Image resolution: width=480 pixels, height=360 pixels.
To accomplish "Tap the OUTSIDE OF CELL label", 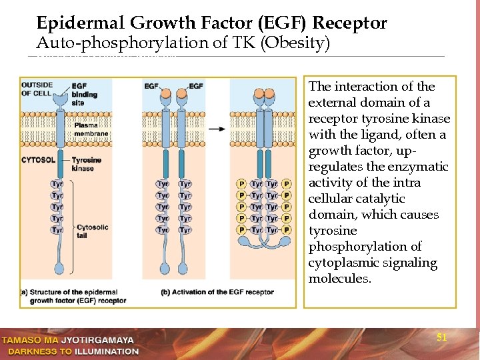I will [x=37, y=89].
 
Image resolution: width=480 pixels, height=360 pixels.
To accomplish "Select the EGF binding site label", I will [x=85, y=95].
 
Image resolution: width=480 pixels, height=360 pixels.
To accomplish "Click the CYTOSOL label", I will [x=38, y=161].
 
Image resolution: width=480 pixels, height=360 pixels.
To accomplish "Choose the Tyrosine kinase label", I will [x=86, y=164].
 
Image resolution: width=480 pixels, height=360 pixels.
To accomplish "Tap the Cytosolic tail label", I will [x=92, y=231].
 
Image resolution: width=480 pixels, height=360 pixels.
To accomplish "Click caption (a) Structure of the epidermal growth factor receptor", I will [x=73, y=297].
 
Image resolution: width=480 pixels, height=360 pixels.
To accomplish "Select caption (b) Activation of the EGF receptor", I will [x=217, y=292].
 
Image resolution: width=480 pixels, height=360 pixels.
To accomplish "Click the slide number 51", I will [x=441, y=337].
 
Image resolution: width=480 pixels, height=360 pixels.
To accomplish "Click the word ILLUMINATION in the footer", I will [x=106, y=351].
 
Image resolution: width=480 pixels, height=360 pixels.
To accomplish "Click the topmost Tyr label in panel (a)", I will [x=57, y=183].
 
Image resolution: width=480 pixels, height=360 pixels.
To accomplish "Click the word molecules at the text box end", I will [x=339, y=279].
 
